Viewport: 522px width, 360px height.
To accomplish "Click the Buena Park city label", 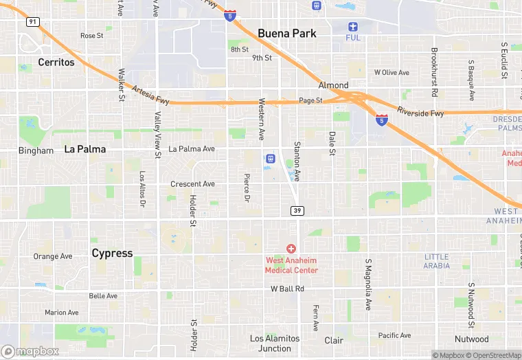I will (286, 33).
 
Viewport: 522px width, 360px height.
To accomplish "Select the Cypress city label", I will (112, 253).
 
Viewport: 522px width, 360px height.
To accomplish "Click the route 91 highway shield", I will (32, 22).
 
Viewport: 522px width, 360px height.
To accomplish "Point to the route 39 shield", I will (297, 210).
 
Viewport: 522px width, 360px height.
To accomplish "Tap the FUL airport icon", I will (353, 26).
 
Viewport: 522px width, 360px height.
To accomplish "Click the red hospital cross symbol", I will (291, 248).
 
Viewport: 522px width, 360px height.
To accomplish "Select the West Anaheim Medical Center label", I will (291, 265).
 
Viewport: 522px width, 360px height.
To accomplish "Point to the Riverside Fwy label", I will (420, 113).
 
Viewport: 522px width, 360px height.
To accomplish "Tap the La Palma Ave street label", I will (192, 148).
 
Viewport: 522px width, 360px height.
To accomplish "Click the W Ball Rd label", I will (287, 289).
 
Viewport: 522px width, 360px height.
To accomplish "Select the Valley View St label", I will (157, 135).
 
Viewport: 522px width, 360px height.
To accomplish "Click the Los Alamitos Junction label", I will (275, 344).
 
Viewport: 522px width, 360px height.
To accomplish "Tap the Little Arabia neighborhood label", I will (436, 261).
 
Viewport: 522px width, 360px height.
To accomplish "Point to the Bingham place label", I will (36, 150).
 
